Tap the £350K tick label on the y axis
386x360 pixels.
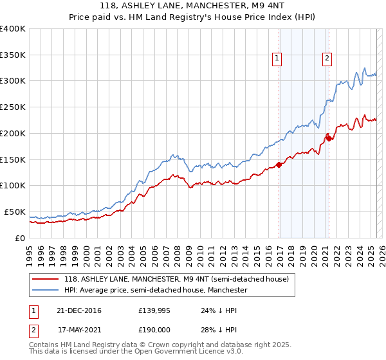coord(13,55)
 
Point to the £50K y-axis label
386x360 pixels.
coord(15,212)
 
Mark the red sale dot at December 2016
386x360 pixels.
coord(279,165)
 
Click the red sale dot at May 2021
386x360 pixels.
coord(329,138)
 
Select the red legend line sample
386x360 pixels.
coord(45,279)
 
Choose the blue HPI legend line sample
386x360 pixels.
coord(45,291)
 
